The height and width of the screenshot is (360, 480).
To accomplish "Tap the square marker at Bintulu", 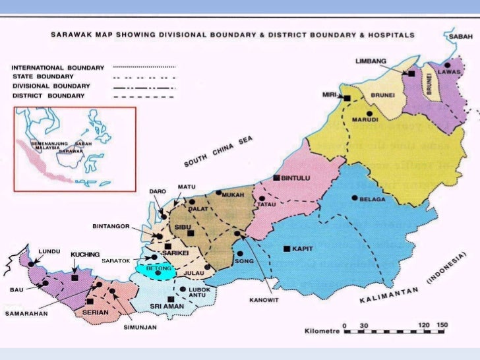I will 277,178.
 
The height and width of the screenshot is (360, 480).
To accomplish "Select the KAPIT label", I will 303,249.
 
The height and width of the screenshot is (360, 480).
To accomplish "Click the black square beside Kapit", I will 286,249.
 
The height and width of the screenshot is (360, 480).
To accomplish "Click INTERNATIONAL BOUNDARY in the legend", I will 58,67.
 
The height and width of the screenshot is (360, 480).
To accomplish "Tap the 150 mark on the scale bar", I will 442,325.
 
